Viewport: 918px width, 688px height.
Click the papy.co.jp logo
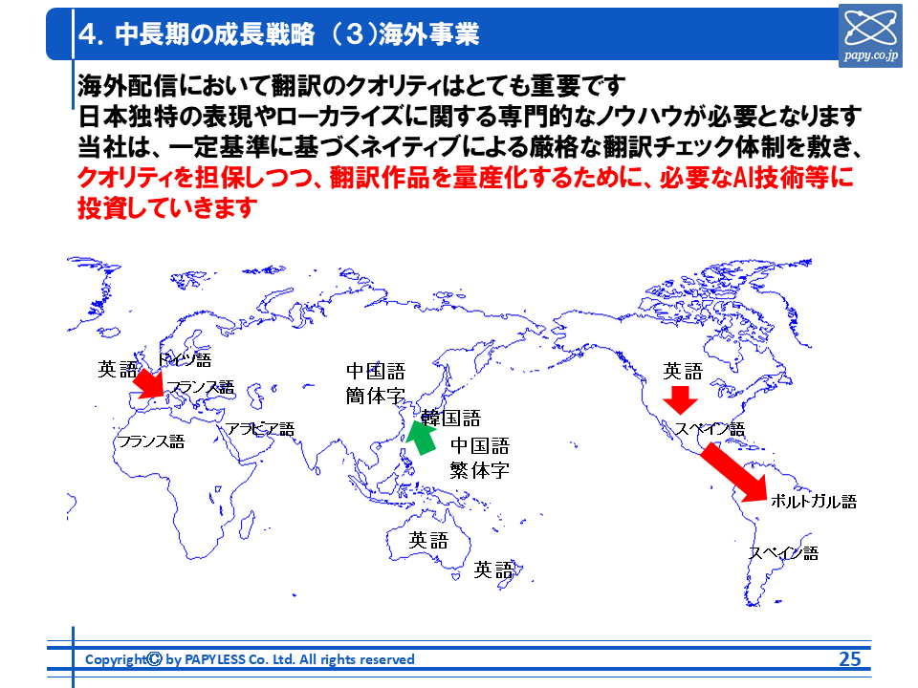(x=870, y=35)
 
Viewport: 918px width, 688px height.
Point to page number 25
(x=849, y=658)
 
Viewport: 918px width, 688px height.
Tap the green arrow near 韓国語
(x=422, y=438)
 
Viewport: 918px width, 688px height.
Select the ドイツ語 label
(x=185, y=359)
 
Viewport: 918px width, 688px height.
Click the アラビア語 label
(x=260, y=429)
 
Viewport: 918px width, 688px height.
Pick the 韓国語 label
(x=450, y=418)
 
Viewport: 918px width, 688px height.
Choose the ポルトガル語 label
(x=814, y=501)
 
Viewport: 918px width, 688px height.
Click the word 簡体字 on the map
(x=375, y=396)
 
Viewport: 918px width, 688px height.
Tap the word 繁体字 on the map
(x=479, y=470)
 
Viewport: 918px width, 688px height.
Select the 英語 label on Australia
(x=428, y=540)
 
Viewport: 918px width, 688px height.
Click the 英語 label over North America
(x=683, y=371)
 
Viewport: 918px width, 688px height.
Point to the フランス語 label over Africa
(x=151, y=441)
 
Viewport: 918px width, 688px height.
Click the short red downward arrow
(x=680, y=400)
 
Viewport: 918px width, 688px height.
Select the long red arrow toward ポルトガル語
(x=734, y=473)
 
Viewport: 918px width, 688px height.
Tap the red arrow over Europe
(x=149, y=384)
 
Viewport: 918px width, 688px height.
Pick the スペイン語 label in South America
(x=784, y=553)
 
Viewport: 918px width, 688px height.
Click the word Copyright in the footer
(x=116, y=659)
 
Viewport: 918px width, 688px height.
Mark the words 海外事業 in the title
(x=429, y=34)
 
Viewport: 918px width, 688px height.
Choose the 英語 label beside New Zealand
(x=493, y=570)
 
